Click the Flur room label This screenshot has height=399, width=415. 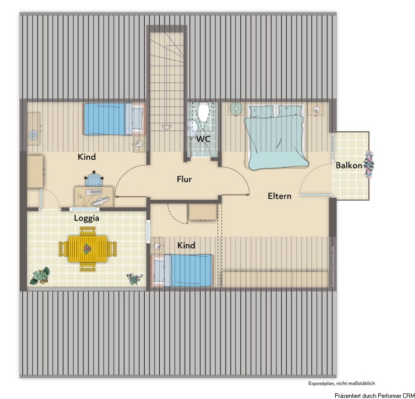coord(184,180)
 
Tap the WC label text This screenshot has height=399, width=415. coord(203,139)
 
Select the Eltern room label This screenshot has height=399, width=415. coord(279,196)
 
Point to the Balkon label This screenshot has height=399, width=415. coord(349,166)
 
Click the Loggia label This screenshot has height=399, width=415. coord(87,218)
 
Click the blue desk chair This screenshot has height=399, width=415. coord(94,180)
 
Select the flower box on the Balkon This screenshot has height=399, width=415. coord(369,165)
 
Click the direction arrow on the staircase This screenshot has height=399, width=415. coord(167,127)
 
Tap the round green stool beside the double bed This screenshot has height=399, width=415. coord(236,109)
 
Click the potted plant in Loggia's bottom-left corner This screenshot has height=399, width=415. coord(40,276)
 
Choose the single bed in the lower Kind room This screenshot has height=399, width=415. coord(183,270)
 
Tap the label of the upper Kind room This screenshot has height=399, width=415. coord(87,157)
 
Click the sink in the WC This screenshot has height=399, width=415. coord(193,126)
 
